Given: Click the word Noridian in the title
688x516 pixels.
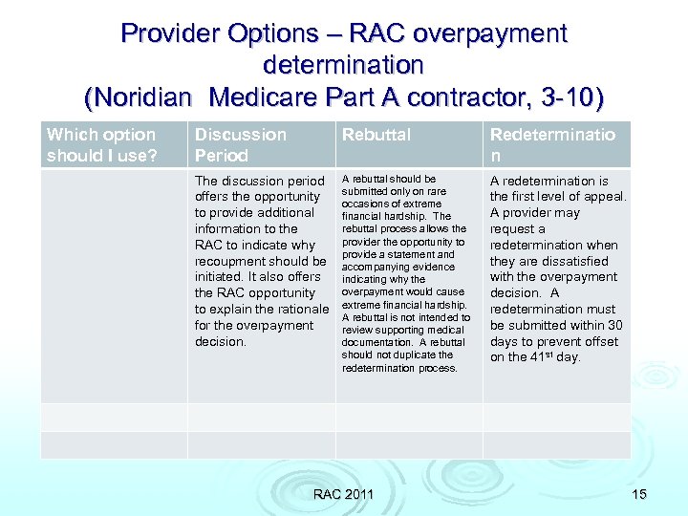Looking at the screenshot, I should point(143,97).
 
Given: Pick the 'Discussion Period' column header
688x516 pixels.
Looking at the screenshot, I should point(240,144).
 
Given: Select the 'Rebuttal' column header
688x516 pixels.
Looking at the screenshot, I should point(376,135).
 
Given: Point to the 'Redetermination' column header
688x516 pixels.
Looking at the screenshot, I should point(552,144).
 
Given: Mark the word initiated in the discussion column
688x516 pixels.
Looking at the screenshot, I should point(220,277).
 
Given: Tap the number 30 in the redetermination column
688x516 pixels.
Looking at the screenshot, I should point(614,325).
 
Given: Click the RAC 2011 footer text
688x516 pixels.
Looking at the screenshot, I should point(343,494).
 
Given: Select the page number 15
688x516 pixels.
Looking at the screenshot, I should point(639,494).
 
